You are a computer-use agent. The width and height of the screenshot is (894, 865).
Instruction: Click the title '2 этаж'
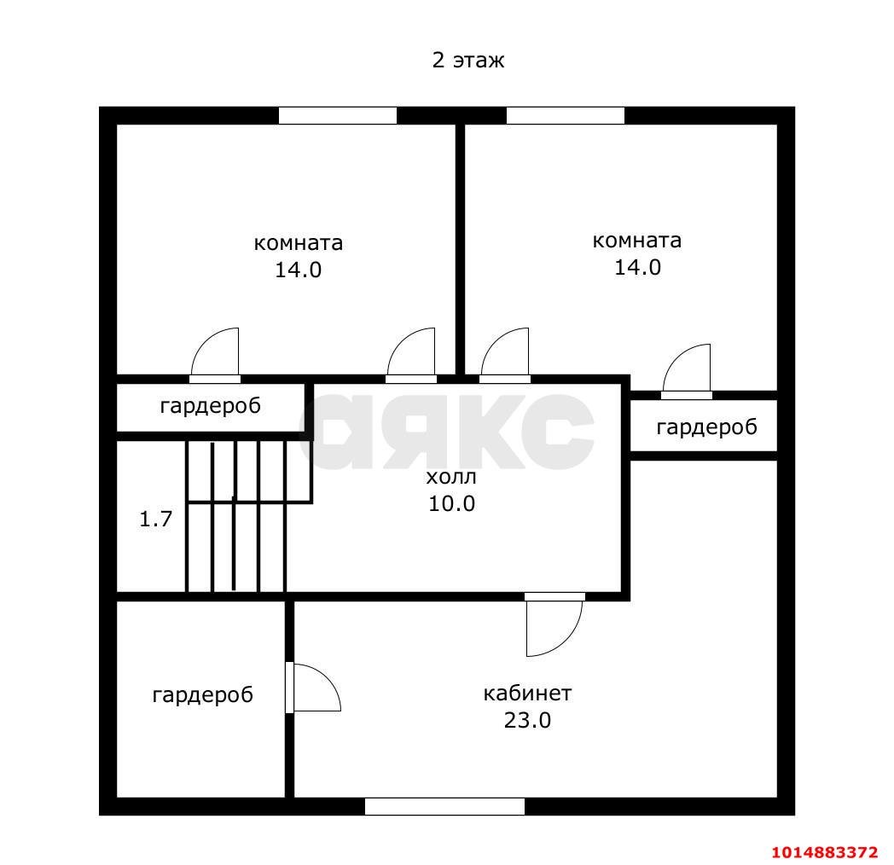468,61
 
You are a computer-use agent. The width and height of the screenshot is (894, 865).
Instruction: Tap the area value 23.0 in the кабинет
527,720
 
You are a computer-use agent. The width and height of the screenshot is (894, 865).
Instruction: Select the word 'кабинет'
527,694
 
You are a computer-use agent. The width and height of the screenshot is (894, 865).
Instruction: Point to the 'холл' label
451,477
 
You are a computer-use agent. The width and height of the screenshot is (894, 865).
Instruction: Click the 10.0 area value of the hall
451,503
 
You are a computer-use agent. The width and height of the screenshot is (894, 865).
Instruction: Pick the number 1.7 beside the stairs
155,519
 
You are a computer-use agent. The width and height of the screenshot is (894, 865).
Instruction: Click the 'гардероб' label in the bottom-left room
202,695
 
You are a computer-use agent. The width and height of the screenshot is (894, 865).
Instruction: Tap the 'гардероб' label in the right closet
707,427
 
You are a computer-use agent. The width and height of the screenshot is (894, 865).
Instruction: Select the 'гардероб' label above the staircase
211,406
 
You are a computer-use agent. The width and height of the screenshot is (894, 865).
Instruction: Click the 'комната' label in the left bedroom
299,243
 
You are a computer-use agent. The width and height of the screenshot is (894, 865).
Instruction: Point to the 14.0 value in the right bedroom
637,267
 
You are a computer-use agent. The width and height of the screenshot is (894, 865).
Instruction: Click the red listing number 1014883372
824,852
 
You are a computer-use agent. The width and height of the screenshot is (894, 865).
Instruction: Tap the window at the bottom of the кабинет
444,806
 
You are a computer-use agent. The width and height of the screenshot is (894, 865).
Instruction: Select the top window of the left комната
338,116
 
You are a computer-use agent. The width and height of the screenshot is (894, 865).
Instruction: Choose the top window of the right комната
566,116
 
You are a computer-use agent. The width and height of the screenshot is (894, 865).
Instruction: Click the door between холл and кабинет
554,624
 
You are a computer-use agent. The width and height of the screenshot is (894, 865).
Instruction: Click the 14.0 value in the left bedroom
299,270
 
